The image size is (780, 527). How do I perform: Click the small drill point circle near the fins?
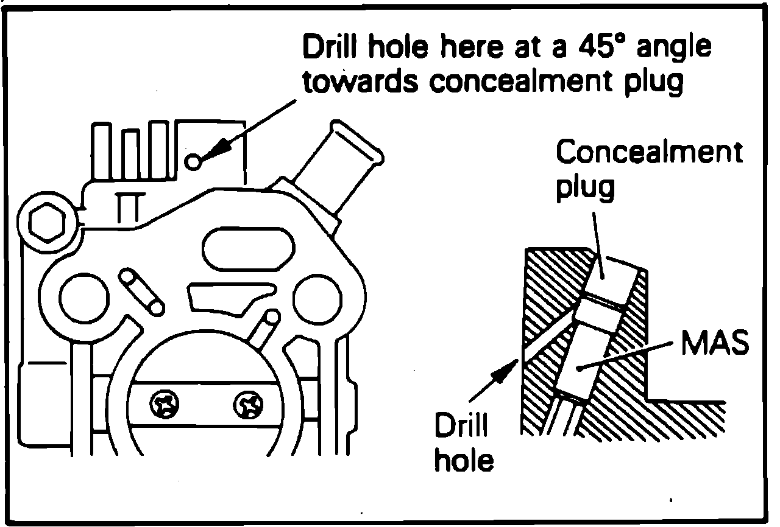pyautogui.click(x=193, y=161)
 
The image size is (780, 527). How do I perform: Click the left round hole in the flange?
pyautogui.click(x=83, y=296)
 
